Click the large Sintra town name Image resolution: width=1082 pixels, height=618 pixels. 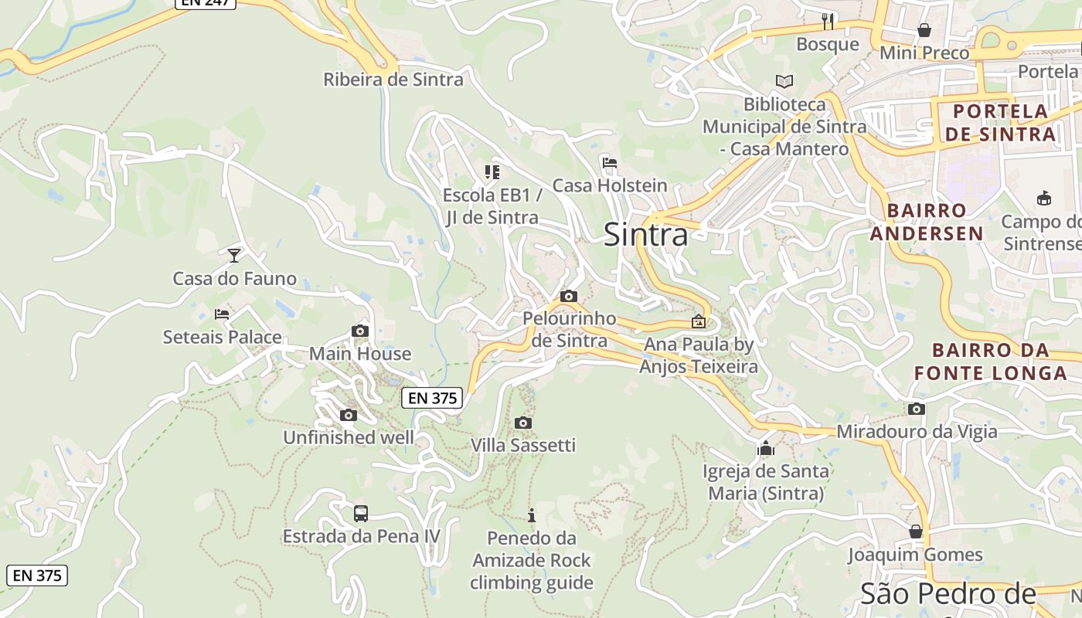click(645, 234)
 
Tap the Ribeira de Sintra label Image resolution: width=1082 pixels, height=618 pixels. click(393, 80)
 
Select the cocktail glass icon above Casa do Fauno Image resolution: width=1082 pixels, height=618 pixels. click(234, 255)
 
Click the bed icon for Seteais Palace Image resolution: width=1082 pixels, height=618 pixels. click(222, 314)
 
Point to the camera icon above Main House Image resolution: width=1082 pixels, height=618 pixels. click(359, 331)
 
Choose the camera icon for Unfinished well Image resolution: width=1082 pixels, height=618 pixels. click(349, 415)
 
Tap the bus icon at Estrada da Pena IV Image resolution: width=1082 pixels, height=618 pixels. click(361, 513)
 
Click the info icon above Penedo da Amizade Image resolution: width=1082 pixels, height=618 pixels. click(531, 515)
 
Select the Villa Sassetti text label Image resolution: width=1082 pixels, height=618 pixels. click(523, 446)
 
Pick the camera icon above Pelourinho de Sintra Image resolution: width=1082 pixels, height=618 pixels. click(569, 296)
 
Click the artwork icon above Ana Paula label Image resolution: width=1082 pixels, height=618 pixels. click(699, 321)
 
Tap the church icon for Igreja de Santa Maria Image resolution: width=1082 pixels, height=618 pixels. click(766, 448)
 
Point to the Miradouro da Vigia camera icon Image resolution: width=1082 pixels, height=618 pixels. click(917, 409)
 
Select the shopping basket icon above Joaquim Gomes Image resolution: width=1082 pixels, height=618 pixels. click(916, 531)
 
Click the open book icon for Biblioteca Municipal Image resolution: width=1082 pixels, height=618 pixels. click(784, 81)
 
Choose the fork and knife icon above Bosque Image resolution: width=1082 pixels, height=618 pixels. click(828, 21)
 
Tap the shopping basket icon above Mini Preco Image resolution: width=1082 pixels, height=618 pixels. click(924, 30)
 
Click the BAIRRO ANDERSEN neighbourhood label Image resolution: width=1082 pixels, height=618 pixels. click(927, 222)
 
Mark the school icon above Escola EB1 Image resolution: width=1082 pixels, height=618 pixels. click(492, 171)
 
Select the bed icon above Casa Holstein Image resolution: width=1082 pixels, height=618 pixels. click(609, 163)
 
